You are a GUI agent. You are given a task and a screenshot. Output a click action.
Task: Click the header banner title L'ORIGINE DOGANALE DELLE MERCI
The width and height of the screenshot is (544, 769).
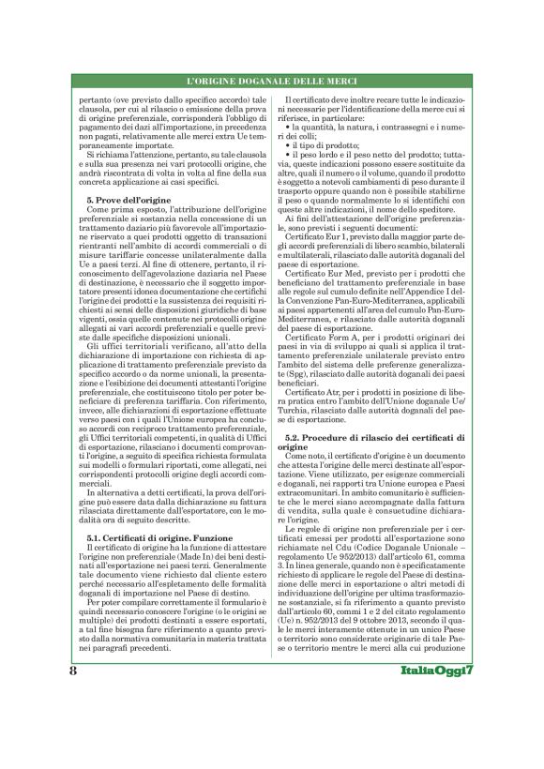click(x=271, y=83)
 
